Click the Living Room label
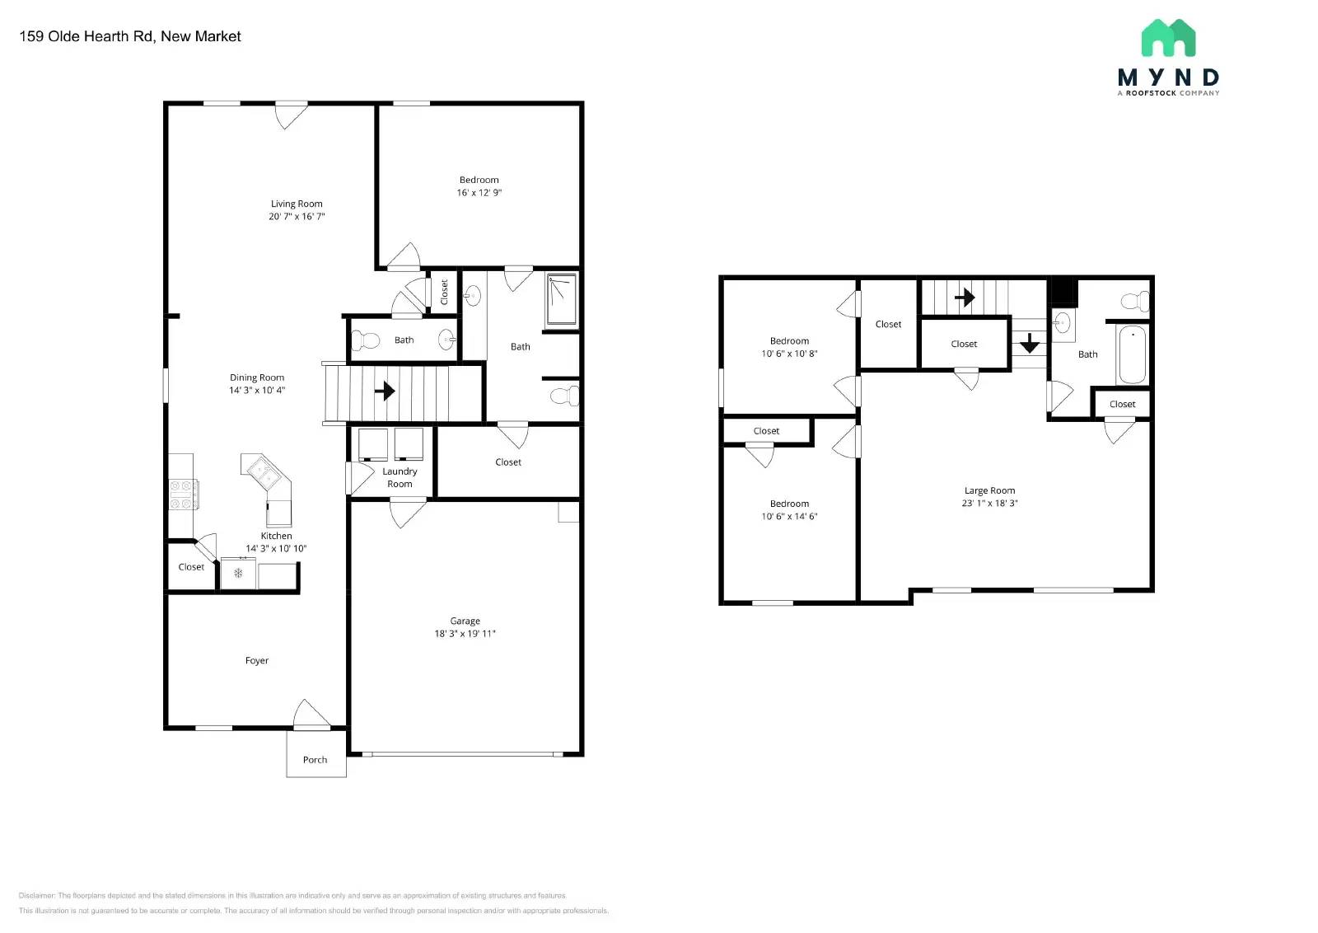[297, 204]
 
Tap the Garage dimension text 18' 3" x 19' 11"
[465, 634]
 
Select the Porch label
[315, 760]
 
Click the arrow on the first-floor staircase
[385, 390]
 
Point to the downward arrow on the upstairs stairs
[1029, 343]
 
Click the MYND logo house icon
[1168, 38]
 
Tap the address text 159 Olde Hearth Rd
[86, 36]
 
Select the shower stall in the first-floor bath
[562, 301]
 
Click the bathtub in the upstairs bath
[1132, 354]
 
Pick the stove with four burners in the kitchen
[183, 495]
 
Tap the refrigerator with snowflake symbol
[238, 573]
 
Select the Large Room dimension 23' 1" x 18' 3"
[989, 503]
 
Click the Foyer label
[256, 660]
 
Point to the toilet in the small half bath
[364, 340]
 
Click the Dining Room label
[257, 377]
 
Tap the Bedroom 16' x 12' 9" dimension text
[479, 193]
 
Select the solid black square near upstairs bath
[1064, 293]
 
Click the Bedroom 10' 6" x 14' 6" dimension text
[789, 517]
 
